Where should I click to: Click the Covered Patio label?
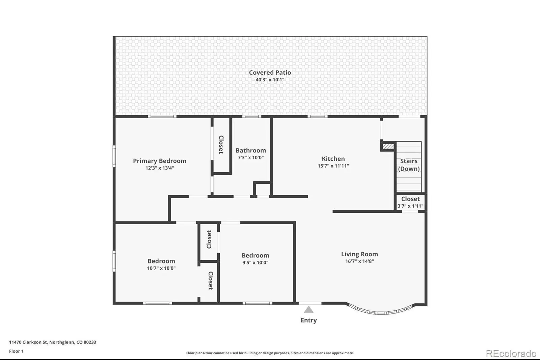tap(270, 72)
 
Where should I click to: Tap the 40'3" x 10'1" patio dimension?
tap(270, 80)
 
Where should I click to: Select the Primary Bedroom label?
tap(160, 161)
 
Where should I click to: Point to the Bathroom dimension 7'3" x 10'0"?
tap(251, 158)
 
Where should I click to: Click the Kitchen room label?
tap(333, 159)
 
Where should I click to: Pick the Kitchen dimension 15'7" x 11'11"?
tap(333, 166)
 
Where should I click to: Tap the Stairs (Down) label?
tap(409, 165)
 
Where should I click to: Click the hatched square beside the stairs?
tap(388, 146)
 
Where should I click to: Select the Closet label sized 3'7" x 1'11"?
tap(410, 199)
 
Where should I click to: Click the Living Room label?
tap(359, 254)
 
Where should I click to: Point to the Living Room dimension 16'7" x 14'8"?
tap(359, 261)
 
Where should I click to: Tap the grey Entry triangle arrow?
tap(308, 309)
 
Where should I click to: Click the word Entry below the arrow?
tap(308, 320)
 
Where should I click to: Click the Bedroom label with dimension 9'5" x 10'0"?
tap(255, 255)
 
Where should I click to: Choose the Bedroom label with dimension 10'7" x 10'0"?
tap(161, 261)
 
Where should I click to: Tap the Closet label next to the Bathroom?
tap(221, 145)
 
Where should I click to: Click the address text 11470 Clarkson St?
tap(28, 342)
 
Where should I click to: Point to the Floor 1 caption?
tap(16, 351)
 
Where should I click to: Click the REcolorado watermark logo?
tap(511, 353)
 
